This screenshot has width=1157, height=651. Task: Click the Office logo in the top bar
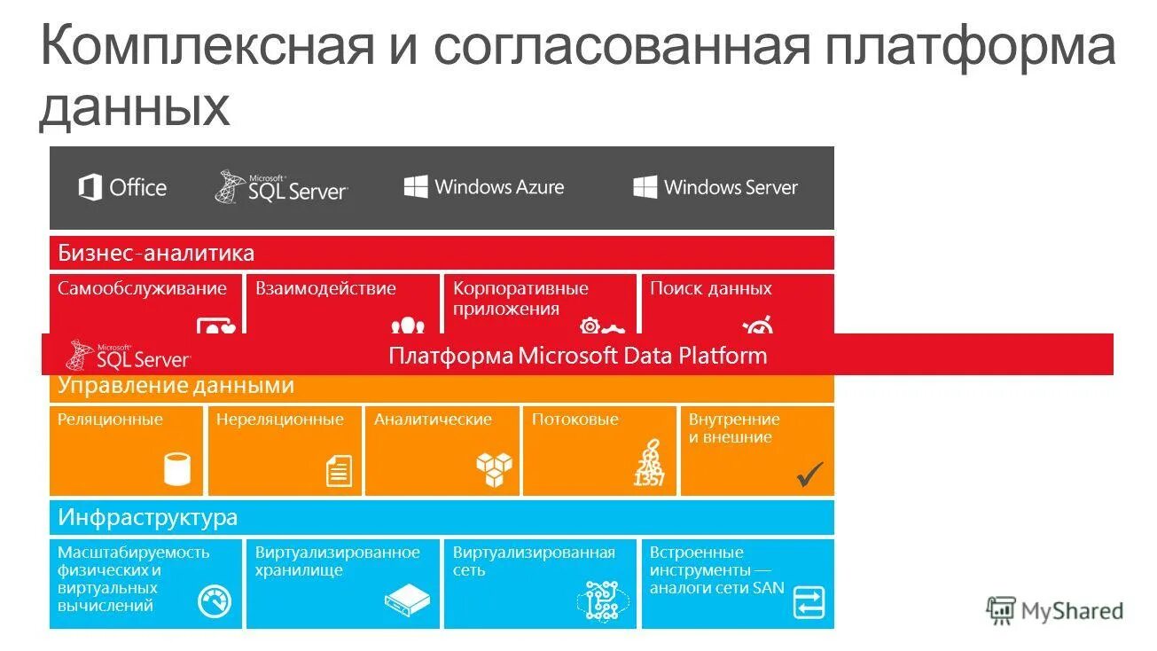point(122,188)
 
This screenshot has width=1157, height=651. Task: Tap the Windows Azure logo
point(484,187)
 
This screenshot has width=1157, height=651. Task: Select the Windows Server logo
point(715,187)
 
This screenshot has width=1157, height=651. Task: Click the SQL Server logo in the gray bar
point(281,187)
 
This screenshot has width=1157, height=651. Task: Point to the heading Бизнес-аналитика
point(156,254)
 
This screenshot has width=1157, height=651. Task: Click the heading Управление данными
point(176,386)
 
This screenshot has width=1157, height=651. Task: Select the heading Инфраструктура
point(148,517)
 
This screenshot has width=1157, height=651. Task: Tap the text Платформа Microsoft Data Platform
point(577,356)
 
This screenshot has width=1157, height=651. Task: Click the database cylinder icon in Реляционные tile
point(177,469)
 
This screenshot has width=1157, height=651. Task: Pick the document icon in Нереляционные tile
point(339,470)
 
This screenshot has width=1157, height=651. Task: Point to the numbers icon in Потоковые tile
point(649,463)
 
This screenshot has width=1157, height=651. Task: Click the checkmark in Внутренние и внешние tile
point(809,475)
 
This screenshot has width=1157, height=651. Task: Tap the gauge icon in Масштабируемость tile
point(215,602)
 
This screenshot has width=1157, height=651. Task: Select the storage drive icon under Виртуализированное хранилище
point(407,601)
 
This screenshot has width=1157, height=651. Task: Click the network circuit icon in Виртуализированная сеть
point(602,600)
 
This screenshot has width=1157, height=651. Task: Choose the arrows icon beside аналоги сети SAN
point(809,601)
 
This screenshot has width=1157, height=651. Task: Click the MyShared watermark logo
point(1054,610)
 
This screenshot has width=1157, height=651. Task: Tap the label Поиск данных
point(710,289)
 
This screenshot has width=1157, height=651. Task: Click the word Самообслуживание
point(142,289)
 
